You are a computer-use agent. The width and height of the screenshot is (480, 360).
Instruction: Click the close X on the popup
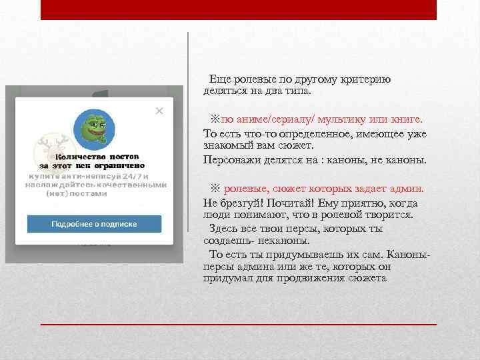click(159, 111)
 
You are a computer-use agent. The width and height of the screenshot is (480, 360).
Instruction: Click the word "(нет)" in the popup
click(58, 194)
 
